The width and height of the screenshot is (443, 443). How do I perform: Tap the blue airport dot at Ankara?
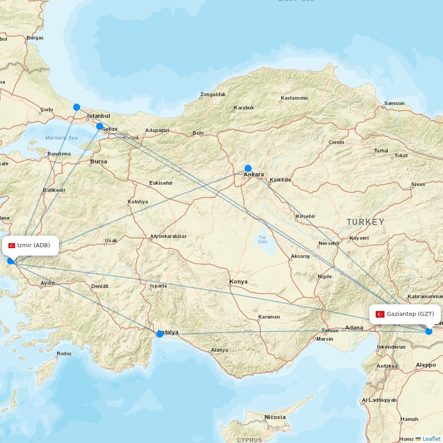[x=248, y=168]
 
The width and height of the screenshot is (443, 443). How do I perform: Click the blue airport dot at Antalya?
[x=160, y=334]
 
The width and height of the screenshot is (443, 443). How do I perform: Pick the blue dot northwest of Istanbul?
[x=77, y=107]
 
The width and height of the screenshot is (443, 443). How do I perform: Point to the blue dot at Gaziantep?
[x=428, y=331]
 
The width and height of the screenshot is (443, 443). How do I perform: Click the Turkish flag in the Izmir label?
[x=12, y=245]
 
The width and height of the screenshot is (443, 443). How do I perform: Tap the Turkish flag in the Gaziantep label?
[x=380, y=314]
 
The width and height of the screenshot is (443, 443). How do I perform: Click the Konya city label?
[x=238, y=282]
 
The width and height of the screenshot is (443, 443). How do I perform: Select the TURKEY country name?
[x=365, y=222]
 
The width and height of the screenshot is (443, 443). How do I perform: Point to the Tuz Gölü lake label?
[x=263, y=239]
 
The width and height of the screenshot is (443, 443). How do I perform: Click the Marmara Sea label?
[x=61, y=138]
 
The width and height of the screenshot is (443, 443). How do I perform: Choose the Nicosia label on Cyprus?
[x=275, y=417]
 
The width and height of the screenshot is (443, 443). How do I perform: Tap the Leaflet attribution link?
[x=431, y=439]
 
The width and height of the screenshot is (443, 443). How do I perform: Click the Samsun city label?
[x=394, y=104]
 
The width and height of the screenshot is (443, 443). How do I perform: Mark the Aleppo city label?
[x=426, y=365]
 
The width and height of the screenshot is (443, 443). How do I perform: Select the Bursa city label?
[x=98, y=162]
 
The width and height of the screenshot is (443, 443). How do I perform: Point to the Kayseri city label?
[x=359, y=238]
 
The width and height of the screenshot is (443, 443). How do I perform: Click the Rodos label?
[x=64, y=354]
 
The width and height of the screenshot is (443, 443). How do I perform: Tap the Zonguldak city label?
[x=213, y=94]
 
